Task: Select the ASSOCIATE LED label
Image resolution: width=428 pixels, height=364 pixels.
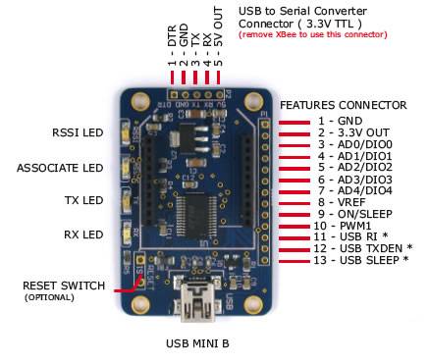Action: [x=59, y=168]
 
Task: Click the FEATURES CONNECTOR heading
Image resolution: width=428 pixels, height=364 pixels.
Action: [x=343, y=105]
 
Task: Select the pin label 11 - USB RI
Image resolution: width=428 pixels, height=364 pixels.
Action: [x=350, y=237]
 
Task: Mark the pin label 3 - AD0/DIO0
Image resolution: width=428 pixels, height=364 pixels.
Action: [x=353, y=143]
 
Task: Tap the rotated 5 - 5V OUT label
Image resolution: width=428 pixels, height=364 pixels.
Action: [x=220, y=50]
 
